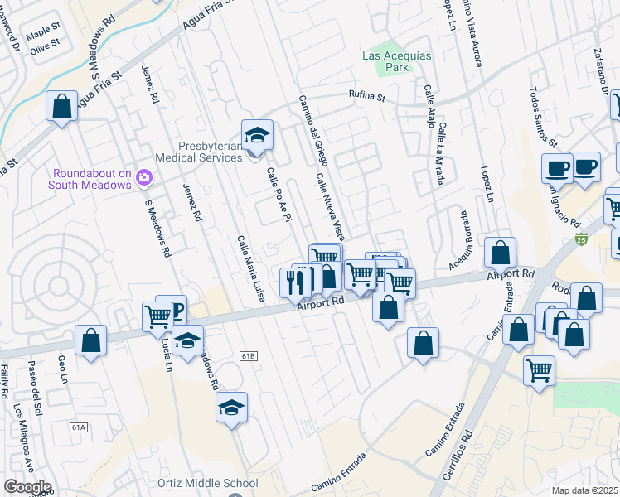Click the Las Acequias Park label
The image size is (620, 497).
[x=385, y=62]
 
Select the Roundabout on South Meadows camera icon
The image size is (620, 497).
[x=144, y=176]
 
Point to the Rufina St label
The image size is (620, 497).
[x=366, y=96]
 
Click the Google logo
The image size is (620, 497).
[x=27, y=487]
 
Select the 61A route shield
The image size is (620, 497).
[x=79, y=427]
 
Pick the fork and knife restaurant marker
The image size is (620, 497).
[x=295, y=282]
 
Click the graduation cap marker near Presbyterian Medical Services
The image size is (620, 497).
[x=257, y=135]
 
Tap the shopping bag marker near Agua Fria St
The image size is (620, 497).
[x=61, y=106]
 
